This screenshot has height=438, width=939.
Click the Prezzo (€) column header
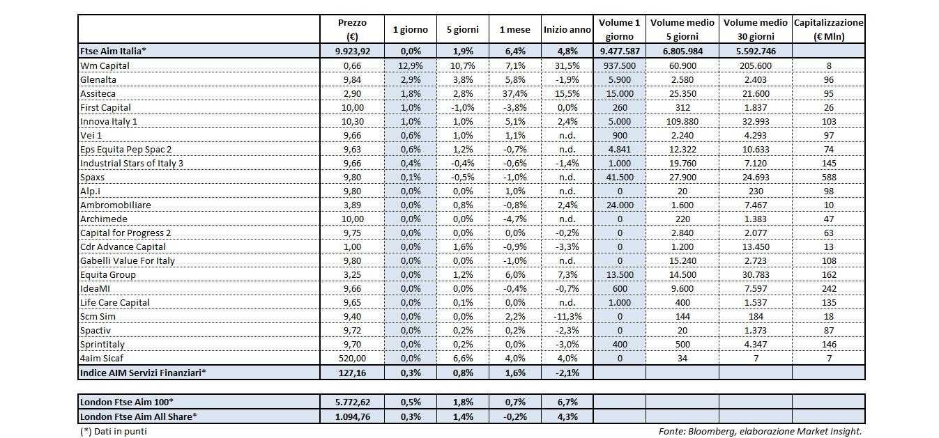351,29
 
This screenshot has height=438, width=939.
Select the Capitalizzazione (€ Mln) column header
828,29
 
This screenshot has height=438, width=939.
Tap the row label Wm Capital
105,65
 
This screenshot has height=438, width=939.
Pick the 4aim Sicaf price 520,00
351,358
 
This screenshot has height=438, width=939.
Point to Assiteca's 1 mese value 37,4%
514,93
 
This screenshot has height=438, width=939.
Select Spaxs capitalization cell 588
828,177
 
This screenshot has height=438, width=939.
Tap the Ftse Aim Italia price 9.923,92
351,51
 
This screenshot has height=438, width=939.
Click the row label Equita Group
108,274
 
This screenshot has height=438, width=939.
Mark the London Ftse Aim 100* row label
127,402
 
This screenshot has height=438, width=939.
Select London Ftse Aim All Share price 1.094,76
351,416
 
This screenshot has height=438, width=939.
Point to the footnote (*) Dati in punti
114,431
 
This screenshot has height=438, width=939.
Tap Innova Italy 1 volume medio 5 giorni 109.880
682,121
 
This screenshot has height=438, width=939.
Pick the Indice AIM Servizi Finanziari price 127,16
351,373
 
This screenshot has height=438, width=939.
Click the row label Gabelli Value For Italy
128,260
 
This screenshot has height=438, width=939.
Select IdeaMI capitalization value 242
828,288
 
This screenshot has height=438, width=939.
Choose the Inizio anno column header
567,29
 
